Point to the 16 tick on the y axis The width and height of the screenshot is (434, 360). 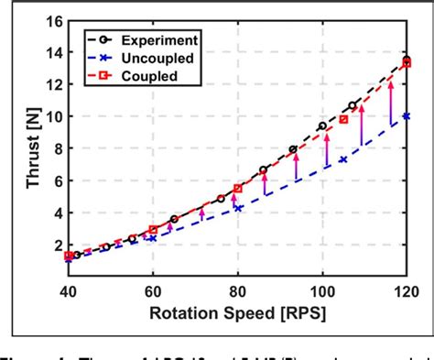pos(50,20)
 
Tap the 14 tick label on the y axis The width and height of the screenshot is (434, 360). pos(50,52)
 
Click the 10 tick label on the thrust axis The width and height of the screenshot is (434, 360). pos(50,116)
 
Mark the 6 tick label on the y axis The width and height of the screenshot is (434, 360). pos(54,180)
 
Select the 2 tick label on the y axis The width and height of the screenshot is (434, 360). pos(54,245)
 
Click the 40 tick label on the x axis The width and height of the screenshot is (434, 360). pos(68,291)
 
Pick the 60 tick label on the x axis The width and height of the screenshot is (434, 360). pos(153,291)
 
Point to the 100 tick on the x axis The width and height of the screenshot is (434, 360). pos(322,291)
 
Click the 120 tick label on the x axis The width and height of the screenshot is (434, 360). pos(406,291)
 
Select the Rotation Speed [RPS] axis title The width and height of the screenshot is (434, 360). pos(236,313)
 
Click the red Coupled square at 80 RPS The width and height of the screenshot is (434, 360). pos(238,189)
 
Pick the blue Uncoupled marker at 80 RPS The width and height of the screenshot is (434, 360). pos(238,209)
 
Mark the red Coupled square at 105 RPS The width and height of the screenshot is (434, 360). pos(343,119)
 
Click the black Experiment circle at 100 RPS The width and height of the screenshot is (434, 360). pos(322,126)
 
